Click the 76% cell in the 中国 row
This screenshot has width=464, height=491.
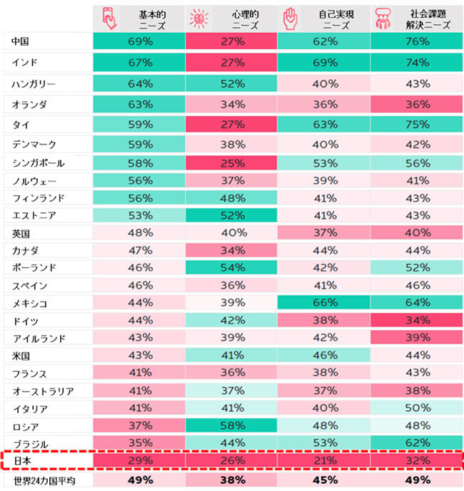coord(416,42)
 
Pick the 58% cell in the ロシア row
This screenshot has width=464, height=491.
coord(231,426)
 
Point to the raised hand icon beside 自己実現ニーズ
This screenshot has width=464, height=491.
coord(291,19)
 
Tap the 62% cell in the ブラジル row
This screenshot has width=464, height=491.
coord(416,443)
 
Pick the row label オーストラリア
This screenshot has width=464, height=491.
coord(42,391)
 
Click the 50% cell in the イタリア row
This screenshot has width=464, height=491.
coord(416,408)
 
